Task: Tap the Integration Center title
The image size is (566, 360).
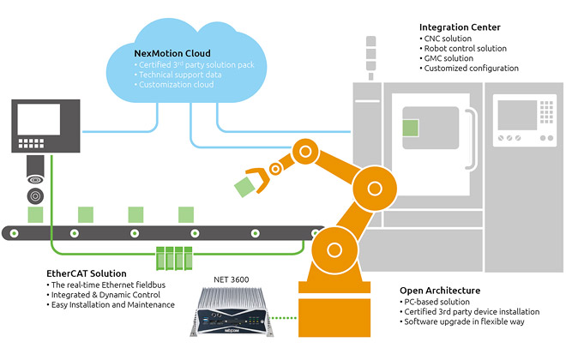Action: pos(460,28)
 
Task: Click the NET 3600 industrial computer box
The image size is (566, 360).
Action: pos(233,312)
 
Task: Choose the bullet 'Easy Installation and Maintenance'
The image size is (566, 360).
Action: pos(112,304)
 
